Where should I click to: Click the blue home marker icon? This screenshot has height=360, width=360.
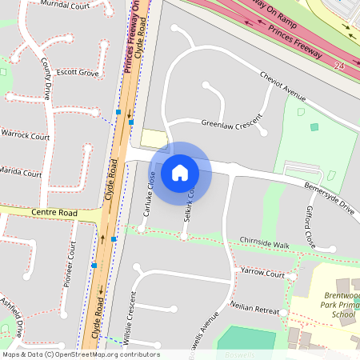[x=180, y=172]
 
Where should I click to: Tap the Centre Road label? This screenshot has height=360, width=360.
[x=54, y=214]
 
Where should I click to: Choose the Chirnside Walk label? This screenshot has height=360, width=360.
[x=264, y=242]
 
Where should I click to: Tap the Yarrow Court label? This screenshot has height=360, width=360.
[x=262, y=274]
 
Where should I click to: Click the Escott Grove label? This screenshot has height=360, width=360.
[x=72, y=73]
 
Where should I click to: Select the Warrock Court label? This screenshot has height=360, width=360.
[x=25, y=136]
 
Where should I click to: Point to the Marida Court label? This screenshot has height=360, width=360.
[x=21, y=172]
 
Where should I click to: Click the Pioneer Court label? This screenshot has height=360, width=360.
[x=71, y=263]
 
